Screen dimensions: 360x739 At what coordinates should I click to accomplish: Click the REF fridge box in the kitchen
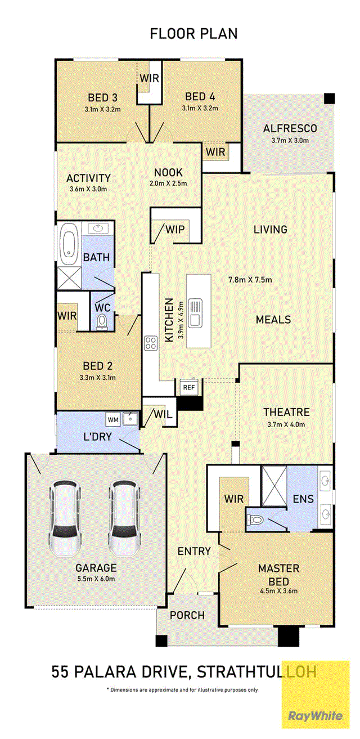point(189,387)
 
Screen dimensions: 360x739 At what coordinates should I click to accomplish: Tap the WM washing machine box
point(113,420)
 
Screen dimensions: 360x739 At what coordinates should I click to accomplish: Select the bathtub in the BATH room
point(69,244)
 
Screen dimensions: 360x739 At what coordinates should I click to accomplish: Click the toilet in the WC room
point(102,322)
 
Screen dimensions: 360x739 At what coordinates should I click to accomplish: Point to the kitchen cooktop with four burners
point(151,343)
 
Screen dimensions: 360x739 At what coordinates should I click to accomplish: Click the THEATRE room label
point(286,412)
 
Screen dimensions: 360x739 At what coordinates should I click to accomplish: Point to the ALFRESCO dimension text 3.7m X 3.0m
point(290,140)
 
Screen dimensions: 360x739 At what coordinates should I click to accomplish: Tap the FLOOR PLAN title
point(194,34)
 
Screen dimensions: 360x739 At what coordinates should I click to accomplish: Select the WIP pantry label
point(175,229)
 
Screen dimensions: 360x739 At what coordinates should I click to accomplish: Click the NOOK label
point(168,173)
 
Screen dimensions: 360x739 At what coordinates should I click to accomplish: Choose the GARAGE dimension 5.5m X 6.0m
point(96,579)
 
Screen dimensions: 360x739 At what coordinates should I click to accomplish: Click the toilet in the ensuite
point(255,520)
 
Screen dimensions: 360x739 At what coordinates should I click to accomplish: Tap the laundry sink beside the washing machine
point(130,419)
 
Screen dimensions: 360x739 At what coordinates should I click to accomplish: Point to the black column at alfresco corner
point(329,98)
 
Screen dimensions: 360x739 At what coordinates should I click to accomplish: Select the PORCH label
point(187,615)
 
